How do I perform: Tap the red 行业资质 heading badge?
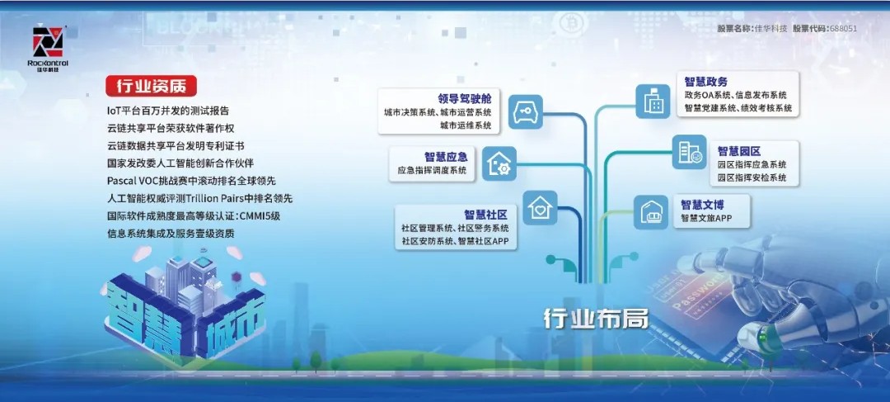[x=151, y=86]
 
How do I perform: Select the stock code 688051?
[x=843, y=28]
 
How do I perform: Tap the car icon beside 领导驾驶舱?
[x=526, y=112]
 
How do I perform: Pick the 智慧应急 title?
[x=446, y=157]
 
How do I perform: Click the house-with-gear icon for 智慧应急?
[x=499, y=163]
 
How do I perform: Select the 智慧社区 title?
[x=485, y=215]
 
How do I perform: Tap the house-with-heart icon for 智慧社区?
[x=540, y=207]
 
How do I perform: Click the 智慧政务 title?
[x=706, y=83]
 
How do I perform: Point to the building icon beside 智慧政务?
[x=653, y=102]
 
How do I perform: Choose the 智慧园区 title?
[x=739, y=151]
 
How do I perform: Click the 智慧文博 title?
[x=703, y=205]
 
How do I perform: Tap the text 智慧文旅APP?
[x=707, y=218]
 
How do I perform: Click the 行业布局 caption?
[x=596, y=319]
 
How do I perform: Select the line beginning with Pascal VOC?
[x=191, y=181]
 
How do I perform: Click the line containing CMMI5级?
[x=194, y=216]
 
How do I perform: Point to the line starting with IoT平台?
[x=168, y=111]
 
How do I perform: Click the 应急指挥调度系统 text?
[x=433, y=170]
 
